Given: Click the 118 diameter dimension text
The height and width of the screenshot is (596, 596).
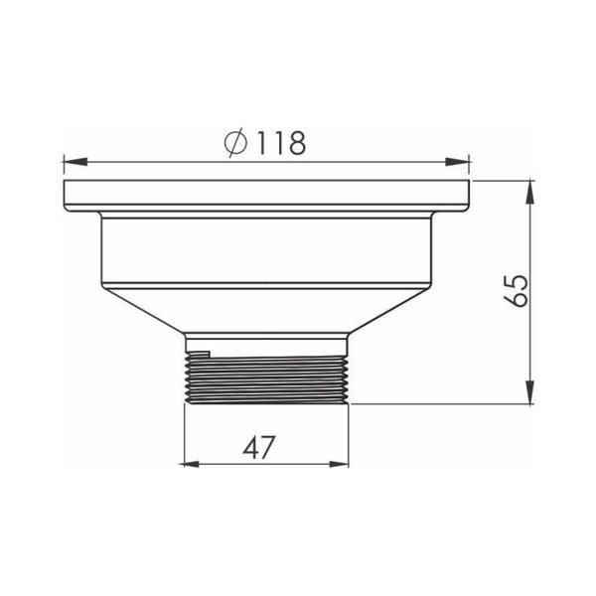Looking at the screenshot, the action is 281,143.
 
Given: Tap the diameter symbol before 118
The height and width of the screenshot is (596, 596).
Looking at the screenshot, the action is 235,143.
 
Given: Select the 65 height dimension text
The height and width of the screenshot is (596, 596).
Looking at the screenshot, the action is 516,290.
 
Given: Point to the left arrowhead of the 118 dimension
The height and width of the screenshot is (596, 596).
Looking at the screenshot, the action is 75,162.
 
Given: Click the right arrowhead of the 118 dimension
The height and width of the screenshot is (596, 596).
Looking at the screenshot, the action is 458,162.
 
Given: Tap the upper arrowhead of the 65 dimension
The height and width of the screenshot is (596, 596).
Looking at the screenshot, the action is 530,193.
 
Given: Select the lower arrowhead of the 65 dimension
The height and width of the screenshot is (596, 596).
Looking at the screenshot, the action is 530,392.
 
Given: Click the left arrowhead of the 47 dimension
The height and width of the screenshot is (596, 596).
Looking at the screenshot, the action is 190,464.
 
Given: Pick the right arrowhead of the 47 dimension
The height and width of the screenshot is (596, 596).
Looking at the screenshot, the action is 339,464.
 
